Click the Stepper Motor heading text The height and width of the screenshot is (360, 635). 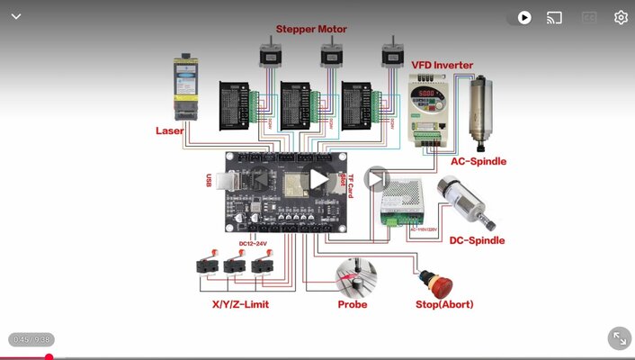point(311,29)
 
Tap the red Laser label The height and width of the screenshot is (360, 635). point(169,130)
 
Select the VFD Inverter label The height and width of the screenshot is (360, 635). point(442,65)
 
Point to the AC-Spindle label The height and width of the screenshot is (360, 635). point(478,162)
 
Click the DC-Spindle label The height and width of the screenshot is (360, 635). point(477,240)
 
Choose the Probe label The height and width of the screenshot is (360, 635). point(352,304)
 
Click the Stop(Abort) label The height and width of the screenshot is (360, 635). point(444,304)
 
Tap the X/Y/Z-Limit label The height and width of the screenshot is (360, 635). point(240,304)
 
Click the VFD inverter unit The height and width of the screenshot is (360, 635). point(430,108)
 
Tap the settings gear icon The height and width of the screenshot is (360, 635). point(621,17)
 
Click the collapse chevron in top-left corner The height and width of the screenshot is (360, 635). point(15,16)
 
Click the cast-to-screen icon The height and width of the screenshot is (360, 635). point(554,17)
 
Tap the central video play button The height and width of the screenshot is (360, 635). point(317,179)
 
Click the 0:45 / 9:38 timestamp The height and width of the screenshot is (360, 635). point(31,339)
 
